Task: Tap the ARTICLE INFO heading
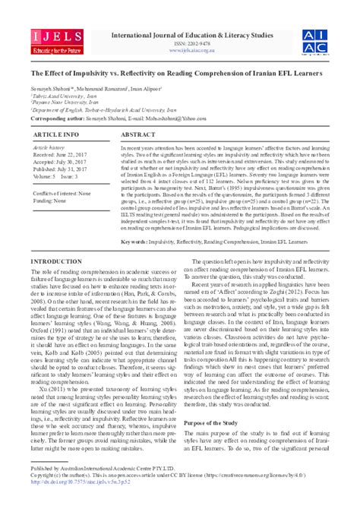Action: (56, 134)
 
